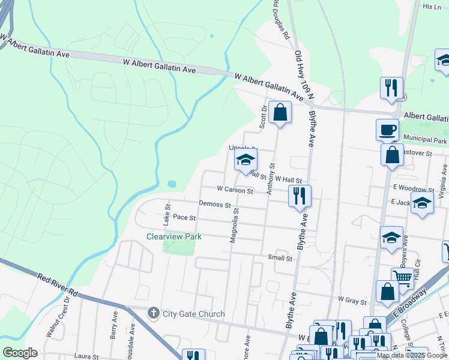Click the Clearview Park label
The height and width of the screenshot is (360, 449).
[174, 236]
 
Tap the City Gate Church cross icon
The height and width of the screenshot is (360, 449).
[154, 313]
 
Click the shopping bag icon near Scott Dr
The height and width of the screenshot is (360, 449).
[280, 112]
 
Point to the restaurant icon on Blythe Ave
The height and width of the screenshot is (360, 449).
[299, 196]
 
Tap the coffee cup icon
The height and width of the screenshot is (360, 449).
[387, 129]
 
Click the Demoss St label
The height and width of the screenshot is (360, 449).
[215, 205]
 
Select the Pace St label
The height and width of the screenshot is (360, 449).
[184, 217]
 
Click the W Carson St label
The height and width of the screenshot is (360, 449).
[235, 189]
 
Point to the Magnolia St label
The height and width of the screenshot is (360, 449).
[235, 226]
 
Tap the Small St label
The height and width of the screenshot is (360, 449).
[280, 258]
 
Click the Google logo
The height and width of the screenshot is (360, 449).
[20, 353]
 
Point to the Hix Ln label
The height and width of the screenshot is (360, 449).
[432, 7]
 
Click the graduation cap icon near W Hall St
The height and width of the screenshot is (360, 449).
[246, 160]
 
